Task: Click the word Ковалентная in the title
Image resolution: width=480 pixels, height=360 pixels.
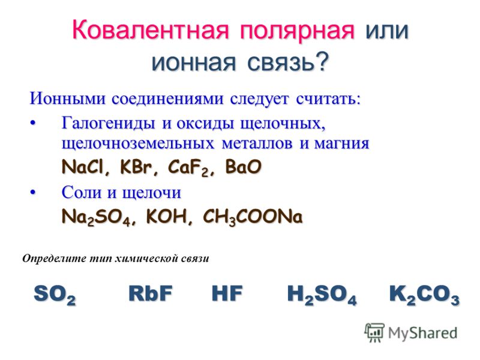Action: click(x=151, y=30)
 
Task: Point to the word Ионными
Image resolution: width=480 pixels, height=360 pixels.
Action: click(x=68, y=98)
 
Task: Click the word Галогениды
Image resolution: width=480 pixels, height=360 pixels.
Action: click(x=108, y=124)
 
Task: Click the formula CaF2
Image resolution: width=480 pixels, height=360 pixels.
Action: click(x=187, y=168)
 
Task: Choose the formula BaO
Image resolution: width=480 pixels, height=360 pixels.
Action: click(x=244, y=167)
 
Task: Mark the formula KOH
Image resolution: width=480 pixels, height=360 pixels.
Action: click(x=166, y=217)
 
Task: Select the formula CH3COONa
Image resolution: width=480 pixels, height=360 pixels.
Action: click(x=253, y=217)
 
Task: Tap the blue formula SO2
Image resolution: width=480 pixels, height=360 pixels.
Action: click(x=55, y=295)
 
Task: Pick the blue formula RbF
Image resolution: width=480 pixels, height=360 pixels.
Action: click(x=151, y=293)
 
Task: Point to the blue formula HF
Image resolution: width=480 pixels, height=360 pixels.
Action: click(x=227, y=293)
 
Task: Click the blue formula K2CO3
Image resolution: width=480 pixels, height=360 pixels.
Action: click(x=424, y=295)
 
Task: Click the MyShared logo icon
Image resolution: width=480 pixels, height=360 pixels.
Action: click(x=374, y=332)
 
